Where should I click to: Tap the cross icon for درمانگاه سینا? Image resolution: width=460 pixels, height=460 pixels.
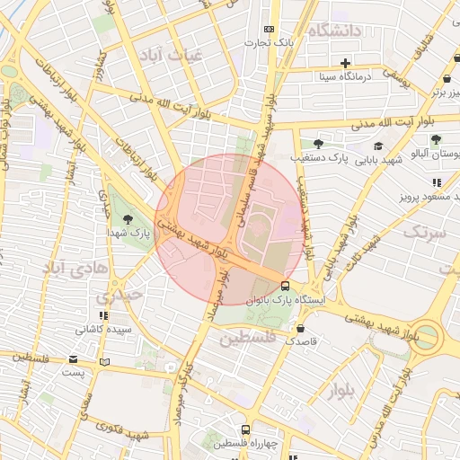[345, 63]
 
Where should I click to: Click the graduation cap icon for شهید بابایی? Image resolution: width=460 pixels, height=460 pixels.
[378, 146]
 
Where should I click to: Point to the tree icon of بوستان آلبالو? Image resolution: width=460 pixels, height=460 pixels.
[436, 139]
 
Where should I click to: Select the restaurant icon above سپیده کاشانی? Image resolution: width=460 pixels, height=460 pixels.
[104, 315]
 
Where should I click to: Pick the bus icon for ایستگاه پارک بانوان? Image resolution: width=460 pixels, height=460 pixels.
[286, 286]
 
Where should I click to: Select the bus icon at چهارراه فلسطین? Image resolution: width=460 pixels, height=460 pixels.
[244, 429]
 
